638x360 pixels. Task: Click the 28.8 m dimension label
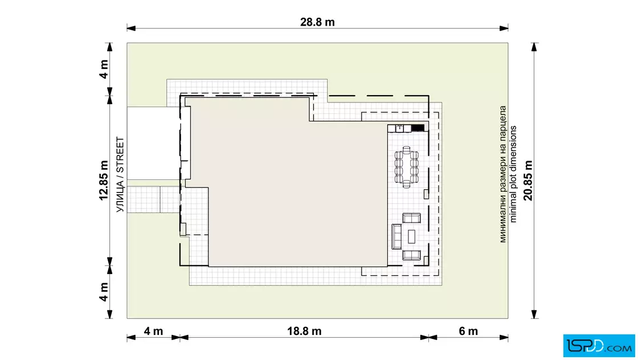(317, 22)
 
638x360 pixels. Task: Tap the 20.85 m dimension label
(527, 180)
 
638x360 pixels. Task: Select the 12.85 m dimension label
(104, 180)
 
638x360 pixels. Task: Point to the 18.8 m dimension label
(304, 331)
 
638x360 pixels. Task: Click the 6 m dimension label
(468, 331)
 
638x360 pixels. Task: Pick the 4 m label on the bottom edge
(153, 331)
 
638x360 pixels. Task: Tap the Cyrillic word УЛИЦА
(120, 197)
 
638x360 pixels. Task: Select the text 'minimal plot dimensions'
(513, 174)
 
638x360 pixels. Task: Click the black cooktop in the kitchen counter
(418, 129)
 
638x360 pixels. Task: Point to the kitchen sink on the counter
(399, 129)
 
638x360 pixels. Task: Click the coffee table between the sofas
(412, 236)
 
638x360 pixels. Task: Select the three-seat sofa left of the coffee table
(396, 236)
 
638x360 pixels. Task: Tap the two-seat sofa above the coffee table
(412, 218)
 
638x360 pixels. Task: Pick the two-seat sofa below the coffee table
(412, 255)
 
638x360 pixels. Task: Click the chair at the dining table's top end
(407, 149)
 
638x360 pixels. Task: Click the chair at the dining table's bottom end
(407, 185)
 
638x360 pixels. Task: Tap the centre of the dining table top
(407, 167)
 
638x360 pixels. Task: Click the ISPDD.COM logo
(599, 346)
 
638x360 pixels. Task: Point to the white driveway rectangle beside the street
(153, 143)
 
